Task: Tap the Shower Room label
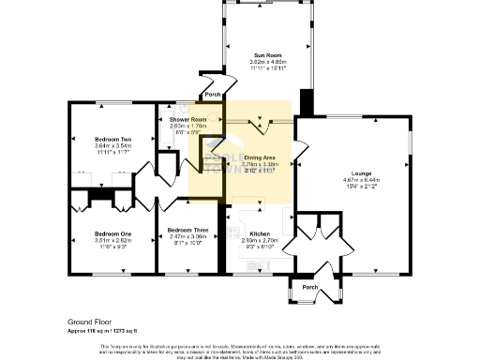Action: coord(187,120)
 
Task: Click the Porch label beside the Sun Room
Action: coord(213,95)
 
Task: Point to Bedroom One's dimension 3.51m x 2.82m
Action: coord(97,239)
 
